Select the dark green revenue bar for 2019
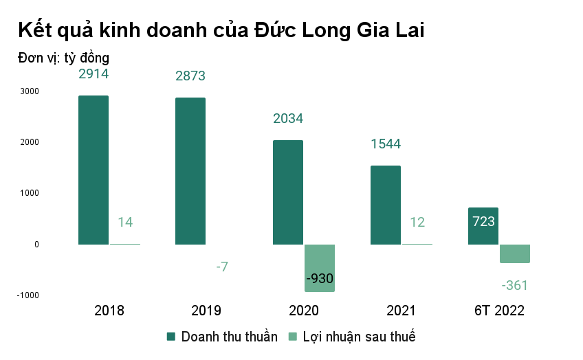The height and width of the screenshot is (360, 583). pos(190,171)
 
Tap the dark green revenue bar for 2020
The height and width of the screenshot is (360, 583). pos(288,192)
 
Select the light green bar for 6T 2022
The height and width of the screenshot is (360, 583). pos(515,254)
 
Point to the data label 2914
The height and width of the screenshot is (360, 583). pos(93,74)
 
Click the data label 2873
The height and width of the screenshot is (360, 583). pos(190,76)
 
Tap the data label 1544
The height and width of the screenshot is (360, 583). pos(385,144)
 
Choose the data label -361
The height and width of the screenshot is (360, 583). pos(514,285)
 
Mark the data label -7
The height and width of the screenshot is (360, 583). pos(221,266)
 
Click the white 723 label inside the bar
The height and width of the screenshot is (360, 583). pos(483,221)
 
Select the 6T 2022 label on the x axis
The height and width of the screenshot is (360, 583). pos(499,311)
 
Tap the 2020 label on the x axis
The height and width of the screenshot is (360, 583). pos(303,311)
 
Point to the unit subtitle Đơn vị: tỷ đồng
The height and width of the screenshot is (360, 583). pos(64,58)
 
